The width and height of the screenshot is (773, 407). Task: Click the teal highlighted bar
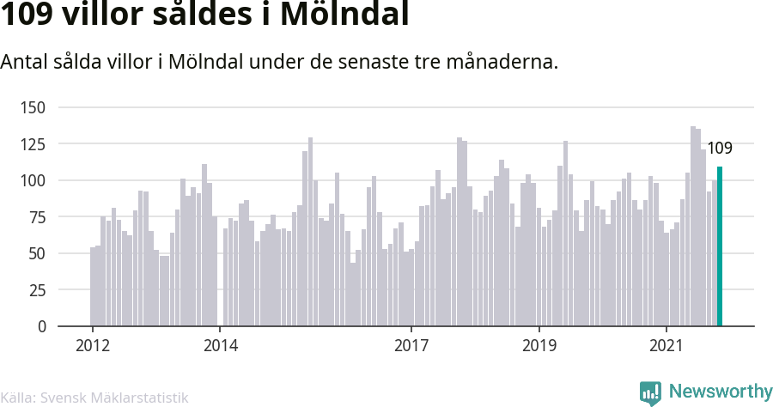pyautogui.click(x=719, y=246)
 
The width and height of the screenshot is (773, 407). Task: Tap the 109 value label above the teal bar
pyautogui.click(x=720, y=148)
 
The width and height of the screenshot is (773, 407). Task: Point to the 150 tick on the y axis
pyautogui.click(x=33, y=107)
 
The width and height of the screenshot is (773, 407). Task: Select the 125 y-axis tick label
pyautogui.click(x=33, y=144)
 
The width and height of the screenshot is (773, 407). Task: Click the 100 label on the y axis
pyautogui.click(x=33, y=180)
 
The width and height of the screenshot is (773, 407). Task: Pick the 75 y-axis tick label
pyautogui.click(x=37, y=216)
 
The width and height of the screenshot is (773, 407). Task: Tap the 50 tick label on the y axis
pyautogui.click(x=37, y=253)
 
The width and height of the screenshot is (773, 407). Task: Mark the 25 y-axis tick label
pyautogui.click(x=37, y=290)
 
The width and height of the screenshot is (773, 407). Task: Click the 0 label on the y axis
pyautogui.click(x=41, y=326)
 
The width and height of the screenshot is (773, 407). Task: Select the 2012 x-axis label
pyautogui.click(x=93, y=345)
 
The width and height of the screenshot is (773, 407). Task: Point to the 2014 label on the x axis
pyautogui.click(x=221, y=345)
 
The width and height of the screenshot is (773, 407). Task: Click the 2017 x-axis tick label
pyautogui.click(x=411, y=345)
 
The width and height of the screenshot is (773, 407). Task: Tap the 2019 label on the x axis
pyautogui.click(x=539, y=345)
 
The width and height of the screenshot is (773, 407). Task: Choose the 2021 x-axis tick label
pyautogui.click(x=666, y=345)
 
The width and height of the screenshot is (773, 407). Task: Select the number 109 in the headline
pyautogui.click(x=27, y=14)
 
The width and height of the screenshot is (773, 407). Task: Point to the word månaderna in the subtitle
pyautogui.click(x=502, y=62)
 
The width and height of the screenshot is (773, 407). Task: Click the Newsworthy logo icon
pyautogui.click(x=650, y=393)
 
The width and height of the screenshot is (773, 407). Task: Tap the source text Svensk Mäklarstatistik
pyautogui.click(x=114, y=398)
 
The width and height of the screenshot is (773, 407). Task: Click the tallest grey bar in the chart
pyautogui.click(x=693, y=226)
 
